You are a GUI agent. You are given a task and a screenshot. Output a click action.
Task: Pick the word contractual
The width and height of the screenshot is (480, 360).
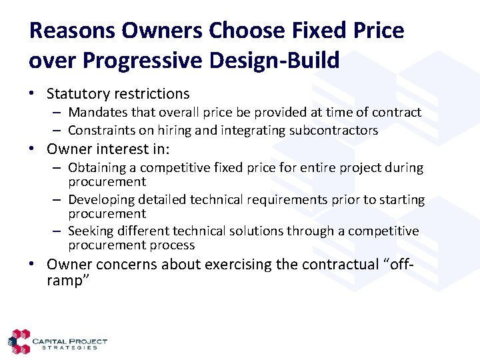[339, 265]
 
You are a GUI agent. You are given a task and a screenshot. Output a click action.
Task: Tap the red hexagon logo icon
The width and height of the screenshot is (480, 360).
[19, 341]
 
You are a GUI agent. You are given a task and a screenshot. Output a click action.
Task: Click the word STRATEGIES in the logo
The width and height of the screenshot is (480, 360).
[69, 347]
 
